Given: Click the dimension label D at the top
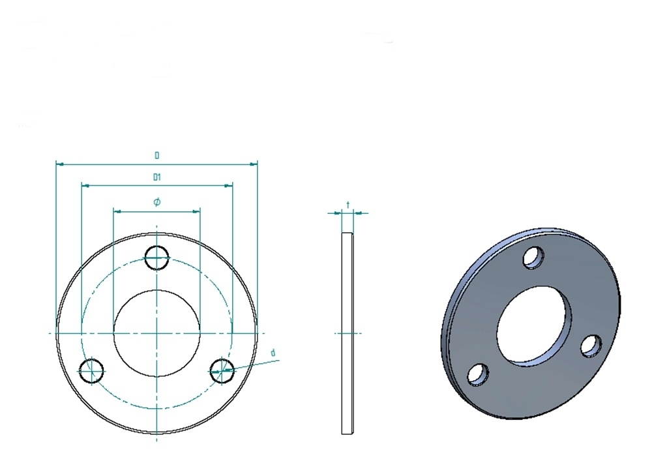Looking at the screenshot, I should coord(157,155).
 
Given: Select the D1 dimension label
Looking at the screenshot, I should coord(157,177).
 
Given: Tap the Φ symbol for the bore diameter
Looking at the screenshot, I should coord(157,202).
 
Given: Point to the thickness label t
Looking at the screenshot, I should coord(349,205).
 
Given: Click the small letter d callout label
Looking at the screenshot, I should coord(273,353).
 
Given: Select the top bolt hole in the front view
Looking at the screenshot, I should coord(157,258).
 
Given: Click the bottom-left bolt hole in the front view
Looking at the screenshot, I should coord(91,370).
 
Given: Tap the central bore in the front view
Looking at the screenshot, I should coord(157,333).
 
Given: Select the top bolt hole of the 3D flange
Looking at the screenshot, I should coord(534,258).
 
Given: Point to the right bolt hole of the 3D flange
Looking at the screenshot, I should coord(592,346).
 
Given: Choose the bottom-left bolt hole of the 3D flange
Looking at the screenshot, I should coord(479,374).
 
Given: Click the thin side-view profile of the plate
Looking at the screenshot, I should coord(347,333).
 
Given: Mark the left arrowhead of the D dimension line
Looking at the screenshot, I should coord(59,164).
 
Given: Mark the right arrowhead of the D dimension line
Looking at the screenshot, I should coord(254,164).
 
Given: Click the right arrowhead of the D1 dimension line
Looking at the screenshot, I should coord(229,186).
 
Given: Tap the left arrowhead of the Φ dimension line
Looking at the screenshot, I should coord(117,211).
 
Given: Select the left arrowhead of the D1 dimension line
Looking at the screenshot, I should coord(84,186).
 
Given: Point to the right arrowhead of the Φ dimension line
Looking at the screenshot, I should coord(196,211).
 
